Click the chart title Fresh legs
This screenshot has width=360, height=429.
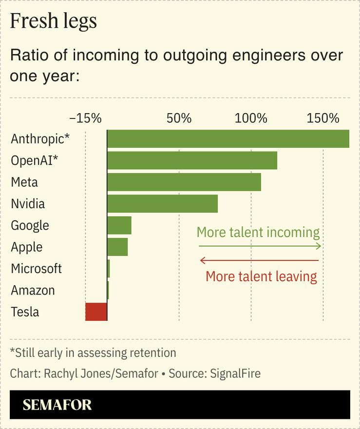(x=53, y=22)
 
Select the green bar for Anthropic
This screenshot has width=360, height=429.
(x=228, y=139)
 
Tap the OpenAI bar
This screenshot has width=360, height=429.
(x=192, y=160)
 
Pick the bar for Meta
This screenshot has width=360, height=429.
(x=184, y=182)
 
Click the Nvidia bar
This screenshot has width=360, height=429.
(x=162, y=203)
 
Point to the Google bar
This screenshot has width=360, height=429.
(x=119, y=225)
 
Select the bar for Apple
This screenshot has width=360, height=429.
(x=117, y=247)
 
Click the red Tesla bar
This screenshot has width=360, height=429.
(x=96, y=312)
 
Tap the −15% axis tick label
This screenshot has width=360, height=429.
(x=85, y=118)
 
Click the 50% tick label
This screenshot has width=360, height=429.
(x=179, y=118)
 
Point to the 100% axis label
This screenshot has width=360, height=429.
(x=251, y=118)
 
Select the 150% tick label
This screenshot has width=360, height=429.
(x=322, y=118)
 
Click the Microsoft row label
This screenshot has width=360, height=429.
(x=37, y=269)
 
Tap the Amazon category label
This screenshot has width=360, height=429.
(x=33, y=291)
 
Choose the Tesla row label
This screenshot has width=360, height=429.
(x=25, y=312)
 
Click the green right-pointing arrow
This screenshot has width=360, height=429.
(x=260, y=246)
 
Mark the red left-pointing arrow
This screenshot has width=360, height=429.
(x=259, y=260)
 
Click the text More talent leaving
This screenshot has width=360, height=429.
(x=261, y=276)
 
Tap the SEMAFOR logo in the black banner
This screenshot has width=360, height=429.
(x=57, y=405)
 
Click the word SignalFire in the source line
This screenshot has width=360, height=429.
(x=235, y=374)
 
